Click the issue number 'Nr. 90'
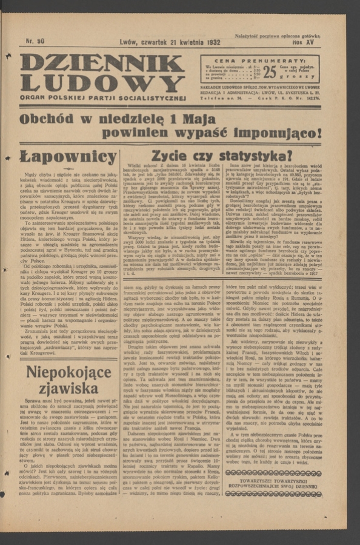point(35,42)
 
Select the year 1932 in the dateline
point(210,42)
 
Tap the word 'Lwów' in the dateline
point(130,42)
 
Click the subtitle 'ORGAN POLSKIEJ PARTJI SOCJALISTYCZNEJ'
point(101,99)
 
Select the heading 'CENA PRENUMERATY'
point(261,61)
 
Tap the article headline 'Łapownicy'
point(68,156)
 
